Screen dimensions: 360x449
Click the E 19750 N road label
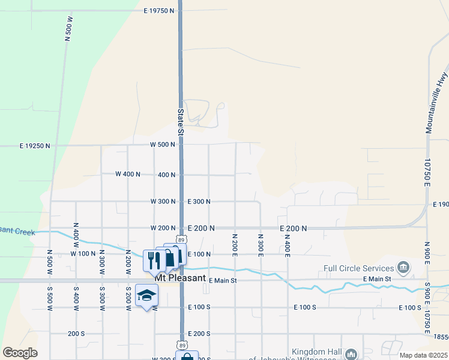tap(160, 11)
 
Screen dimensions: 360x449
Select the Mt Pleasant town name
tap(180, 279)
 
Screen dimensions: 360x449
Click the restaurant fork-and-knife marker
tap(151, 260)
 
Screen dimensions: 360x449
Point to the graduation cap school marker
tap(146, 295)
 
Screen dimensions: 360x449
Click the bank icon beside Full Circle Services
tap(403, 267)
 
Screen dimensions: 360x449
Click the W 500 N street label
tap(162, 145)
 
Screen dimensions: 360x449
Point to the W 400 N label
tap(127, 174)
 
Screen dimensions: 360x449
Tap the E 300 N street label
tap(199, 202)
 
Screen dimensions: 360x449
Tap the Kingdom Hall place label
tap(316, 352)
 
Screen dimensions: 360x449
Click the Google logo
tap(20, 353)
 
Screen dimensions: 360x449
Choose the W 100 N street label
tap(83, 254)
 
